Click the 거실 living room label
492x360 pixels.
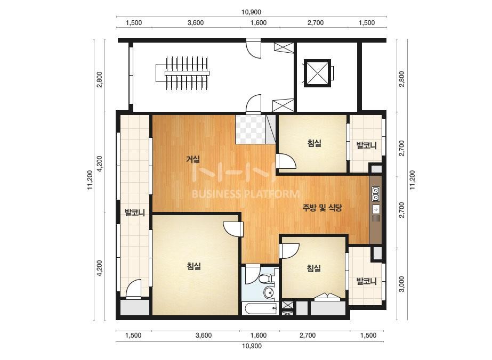(193, 159)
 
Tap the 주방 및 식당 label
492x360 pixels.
(322, 208)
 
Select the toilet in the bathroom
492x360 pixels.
(267, 278)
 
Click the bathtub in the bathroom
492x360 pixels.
(260, 309)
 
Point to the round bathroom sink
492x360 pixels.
(269, 292)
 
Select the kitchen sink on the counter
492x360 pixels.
(376, 209)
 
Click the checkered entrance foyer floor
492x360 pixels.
(251, 129)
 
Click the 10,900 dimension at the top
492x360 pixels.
(251, 12)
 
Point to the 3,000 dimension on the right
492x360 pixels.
(402, 284)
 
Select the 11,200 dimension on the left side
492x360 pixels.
(91, 180)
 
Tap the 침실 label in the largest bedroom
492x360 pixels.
(194, 267)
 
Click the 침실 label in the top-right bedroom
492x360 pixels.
(314, 143)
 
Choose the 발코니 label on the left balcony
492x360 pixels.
(135, 212)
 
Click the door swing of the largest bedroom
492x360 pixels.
(233, 229)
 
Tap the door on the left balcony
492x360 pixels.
(134, 289)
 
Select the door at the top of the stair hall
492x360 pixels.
(253, 48)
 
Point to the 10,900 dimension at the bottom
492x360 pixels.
(252, 346)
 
